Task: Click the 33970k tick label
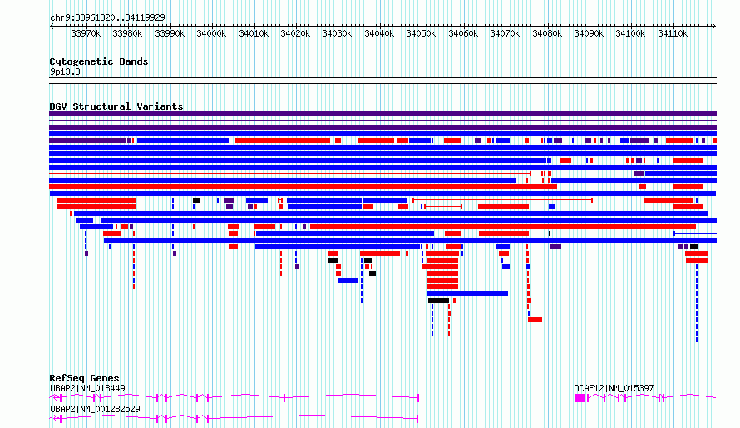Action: [86, 33]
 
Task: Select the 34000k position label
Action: [211, 33]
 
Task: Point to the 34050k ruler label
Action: [421, 33]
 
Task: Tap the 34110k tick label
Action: [673, 33]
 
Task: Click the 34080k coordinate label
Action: [547, 33]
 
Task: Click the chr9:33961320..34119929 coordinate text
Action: [107, 17]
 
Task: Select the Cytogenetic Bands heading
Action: [99, 61]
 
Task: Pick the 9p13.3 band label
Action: [65, 71]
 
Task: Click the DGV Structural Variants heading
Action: [116, 106]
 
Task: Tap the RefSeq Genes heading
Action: [84, 378]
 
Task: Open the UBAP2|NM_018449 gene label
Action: [87, 388]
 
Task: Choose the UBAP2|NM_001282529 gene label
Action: [95, 409]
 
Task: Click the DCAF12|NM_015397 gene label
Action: [614, 388]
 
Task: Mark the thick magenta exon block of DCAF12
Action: [580, 398]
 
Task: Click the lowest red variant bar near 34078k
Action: [535, 320]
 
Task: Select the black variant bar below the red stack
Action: [438, 300]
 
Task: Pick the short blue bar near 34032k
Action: [348, 280]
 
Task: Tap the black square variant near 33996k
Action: [196, 200]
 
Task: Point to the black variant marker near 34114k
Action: [693, 247]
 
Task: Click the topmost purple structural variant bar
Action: [382, 114]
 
